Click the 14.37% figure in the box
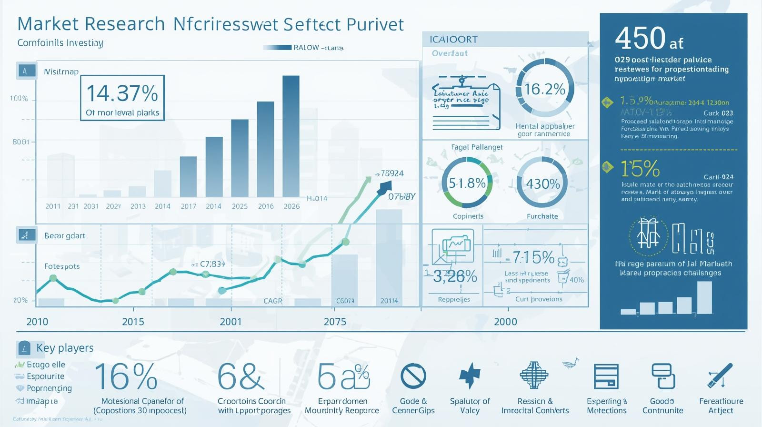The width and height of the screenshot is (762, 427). click(122, 93)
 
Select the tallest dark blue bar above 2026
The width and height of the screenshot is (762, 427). click(291, 136)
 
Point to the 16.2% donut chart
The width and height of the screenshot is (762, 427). click(545, 89)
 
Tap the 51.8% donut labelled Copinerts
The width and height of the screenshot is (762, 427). click(467, 183)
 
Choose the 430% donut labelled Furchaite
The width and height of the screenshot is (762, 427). click(542, 184)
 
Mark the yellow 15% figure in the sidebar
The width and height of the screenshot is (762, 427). click(640, 169)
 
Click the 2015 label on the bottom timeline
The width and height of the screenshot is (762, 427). click(133, 322)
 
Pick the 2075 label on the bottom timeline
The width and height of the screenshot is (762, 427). click(335, 322)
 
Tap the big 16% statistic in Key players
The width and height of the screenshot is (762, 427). click(126, 376)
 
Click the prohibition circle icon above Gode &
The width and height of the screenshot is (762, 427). click(413, 376)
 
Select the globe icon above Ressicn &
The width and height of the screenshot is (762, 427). click(534, 375)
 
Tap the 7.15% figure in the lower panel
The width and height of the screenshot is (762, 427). click(533, 258)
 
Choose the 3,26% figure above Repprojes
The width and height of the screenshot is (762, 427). click(455, 276)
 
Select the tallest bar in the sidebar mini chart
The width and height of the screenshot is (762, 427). click(704, 297)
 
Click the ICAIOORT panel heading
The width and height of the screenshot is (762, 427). click(453, 40)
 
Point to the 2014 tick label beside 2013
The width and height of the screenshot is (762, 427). click(162, 206)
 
